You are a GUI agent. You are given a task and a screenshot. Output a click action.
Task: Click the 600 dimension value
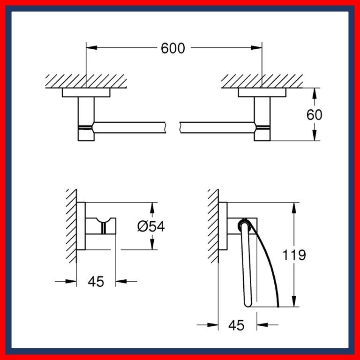(x=173, y=48)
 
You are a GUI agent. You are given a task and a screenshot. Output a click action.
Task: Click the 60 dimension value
(x=314, y=114)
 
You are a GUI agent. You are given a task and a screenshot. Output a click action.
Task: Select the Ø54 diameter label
(x=151, y=226)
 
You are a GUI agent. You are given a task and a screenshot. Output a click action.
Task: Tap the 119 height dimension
(x=294, y=255)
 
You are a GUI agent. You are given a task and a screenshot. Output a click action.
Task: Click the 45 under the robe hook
(x=96, y=281)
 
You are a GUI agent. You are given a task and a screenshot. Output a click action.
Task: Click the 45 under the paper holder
(x=238, y=324)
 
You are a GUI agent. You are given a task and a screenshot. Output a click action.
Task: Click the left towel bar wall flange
(x=86, y=92)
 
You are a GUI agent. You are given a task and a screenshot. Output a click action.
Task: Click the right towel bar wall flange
(x=262, y=92)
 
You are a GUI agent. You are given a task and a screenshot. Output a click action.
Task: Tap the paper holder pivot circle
(x=243, y=224)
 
